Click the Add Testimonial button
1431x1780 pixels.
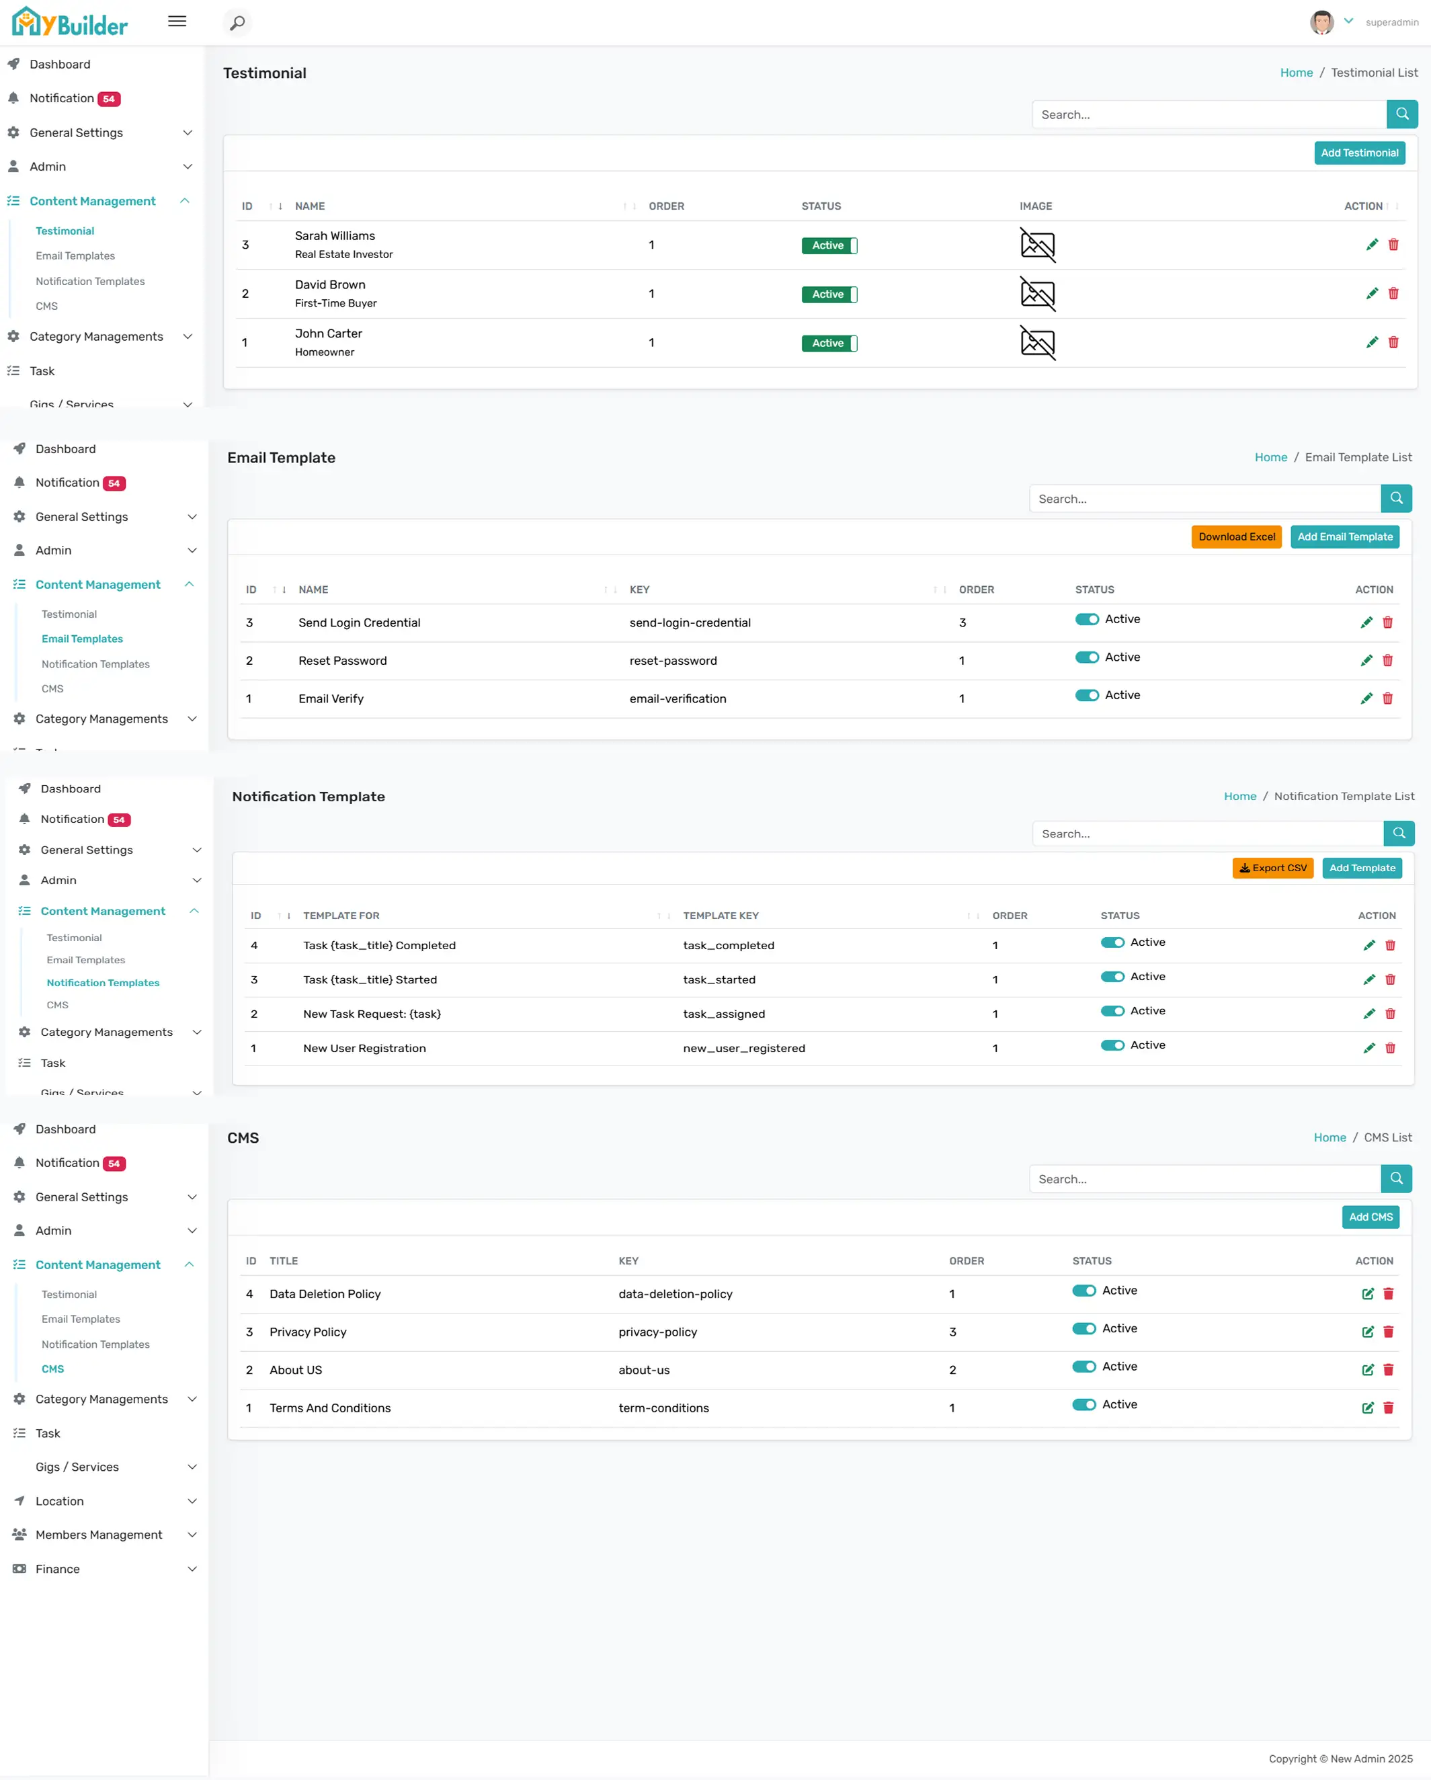tap(1358, 153)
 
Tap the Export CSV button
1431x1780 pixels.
tap(1272, 868)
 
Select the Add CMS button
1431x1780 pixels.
tap(1370, 1217)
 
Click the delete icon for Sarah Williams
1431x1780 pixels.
tap(1393, 245)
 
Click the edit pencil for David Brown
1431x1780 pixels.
tap(1372, 293)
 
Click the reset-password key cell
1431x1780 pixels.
tap(673, 661)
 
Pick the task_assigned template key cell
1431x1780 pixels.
tap(723, 1014)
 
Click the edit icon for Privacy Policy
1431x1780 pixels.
tap(1367, 1332)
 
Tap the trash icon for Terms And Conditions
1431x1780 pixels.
tap(1388, 1408)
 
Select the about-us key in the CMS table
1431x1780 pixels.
tap(644, 1370)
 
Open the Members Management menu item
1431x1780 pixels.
tap(99, 1535)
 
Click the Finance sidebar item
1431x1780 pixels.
tap(58, 1569)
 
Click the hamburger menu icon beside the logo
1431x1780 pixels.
tap(177, 22)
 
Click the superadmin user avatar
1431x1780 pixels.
tap(1321, 22)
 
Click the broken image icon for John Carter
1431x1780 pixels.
tap(1037, 343)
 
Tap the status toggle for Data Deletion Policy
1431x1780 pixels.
tap(1084, 1291)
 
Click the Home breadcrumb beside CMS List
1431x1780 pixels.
tap(1330, 1137)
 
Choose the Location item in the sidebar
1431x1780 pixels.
tap(59, 1501)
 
